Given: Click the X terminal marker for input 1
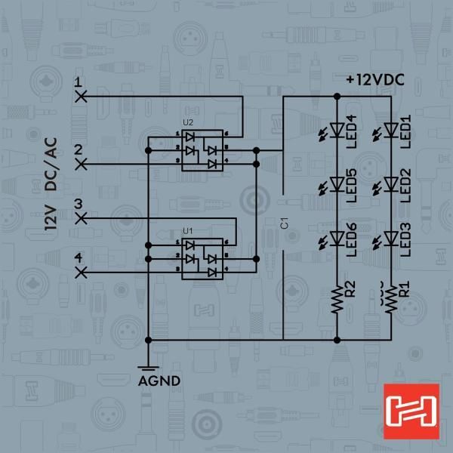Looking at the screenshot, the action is click(81, 96).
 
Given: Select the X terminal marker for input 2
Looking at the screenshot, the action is click(81, 164).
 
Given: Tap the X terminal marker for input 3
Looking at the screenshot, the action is click(81, 218).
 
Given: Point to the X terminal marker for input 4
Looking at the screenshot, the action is click(81, 272).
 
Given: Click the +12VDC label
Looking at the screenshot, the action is click(375, 80).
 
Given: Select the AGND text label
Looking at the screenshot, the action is click(159, 381).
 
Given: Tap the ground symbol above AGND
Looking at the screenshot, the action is click(148, 368).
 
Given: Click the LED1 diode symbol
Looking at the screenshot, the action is click(391, 130).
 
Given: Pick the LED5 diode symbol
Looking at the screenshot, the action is click(337, 184).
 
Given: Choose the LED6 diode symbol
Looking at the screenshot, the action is click(337, 239).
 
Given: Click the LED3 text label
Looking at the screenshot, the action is click(405, 239).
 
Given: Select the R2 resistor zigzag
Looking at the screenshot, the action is click(337, 299).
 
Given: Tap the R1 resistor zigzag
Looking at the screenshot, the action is click(391, 299).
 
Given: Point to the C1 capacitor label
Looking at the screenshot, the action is click(285, 224).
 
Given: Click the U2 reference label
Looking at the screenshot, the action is click(188, 122).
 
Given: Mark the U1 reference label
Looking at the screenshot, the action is click(188, 231).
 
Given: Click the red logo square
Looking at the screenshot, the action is click(411, 411).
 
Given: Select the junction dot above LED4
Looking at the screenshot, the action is click(337, 96).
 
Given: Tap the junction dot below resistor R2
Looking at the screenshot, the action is click(337, 340).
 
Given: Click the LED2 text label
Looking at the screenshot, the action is click(405, 185).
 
